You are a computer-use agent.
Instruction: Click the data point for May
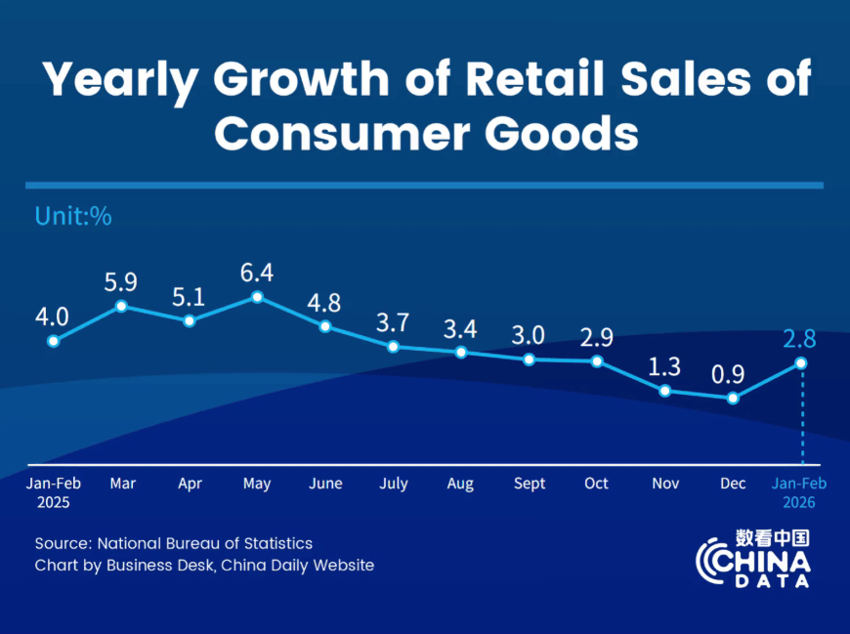click(x=257, y=297)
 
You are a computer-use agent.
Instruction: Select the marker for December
click(x=733, y=398)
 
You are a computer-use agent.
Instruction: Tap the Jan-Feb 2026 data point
click(x=801, y=362)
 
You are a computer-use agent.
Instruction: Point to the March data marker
click(x=122, y=306)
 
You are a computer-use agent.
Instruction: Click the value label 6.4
click(x=257, y=271)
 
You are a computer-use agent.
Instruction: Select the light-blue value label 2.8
click(x=799, y=339)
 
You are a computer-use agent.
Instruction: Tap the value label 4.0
click(x=52, y=317)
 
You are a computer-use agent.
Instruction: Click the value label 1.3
click(x=665, y=366)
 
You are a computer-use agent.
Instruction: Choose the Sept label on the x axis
click(x=530, y=484)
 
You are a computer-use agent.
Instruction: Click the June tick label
click(x=325, y=484)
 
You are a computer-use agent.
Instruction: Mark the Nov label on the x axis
click(x=665, y=484)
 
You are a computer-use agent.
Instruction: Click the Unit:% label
click(x=73, y=216)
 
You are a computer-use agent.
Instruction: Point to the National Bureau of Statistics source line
click(x=174, y=543)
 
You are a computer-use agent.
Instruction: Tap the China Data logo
click(x=753, y=560)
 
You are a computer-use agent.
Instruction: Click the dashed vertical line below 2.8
click(x=801, y=415)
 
